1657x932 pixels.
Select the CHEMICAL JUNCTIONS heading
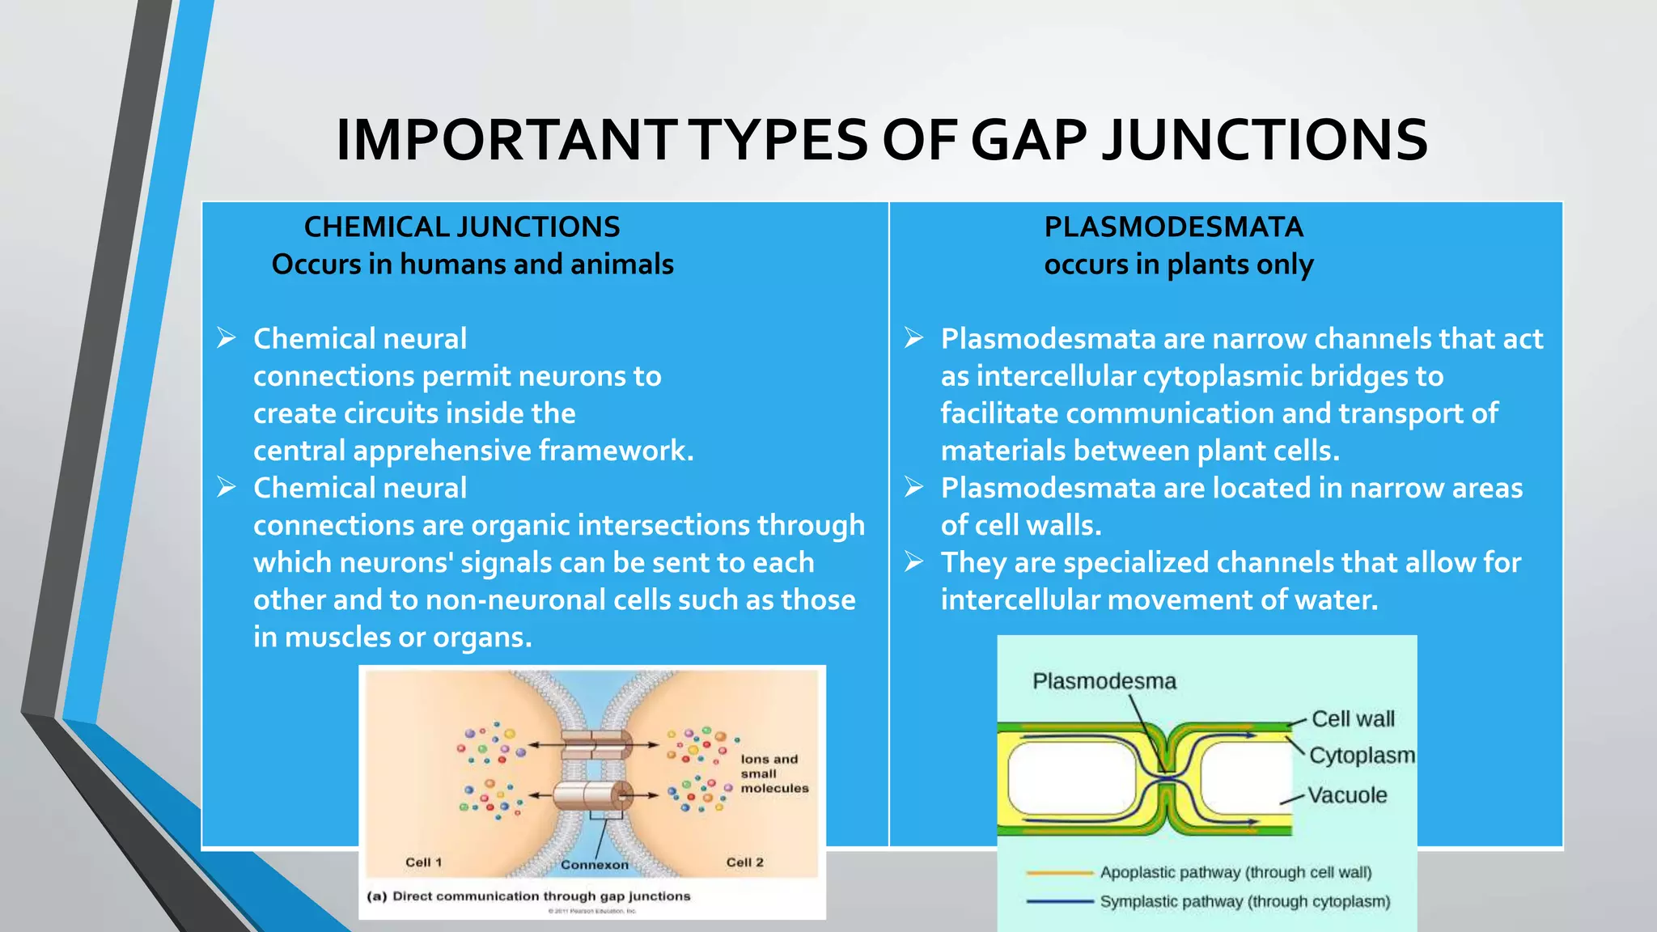[x=461, y=227]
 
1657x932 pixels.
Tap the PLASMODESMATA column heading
[x=1173, y=227]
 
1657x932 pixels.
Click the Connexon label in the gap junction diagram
[x=594, y=865]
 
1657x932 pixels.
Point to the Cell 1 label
[x=423, y=862]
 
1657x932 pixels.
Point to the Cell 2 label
[x=744, y=862]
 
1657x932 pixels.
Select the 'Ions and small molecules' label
[x=773, y=773]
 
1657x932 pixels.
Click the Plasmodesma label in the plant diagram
[x=1104, y=681]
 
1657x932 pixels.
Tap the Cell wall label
[x=1353, y=719]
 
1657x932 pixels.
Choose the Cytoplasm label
[x=1362, y=756]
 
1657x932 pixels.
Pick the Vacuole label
[x=1347, y=795]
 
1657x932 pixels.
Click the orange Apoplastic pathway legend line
[x=1059, y=873]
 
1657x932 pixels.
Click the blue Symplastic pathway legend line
[x=1059, y=901]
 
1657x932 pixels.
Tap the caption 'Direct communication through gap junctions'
[x=540, y=896]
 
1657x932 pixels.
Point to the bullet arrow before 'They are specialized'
[x=914, y=562]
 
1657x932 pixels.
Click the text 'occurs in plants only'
[x=1178, y=265]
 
